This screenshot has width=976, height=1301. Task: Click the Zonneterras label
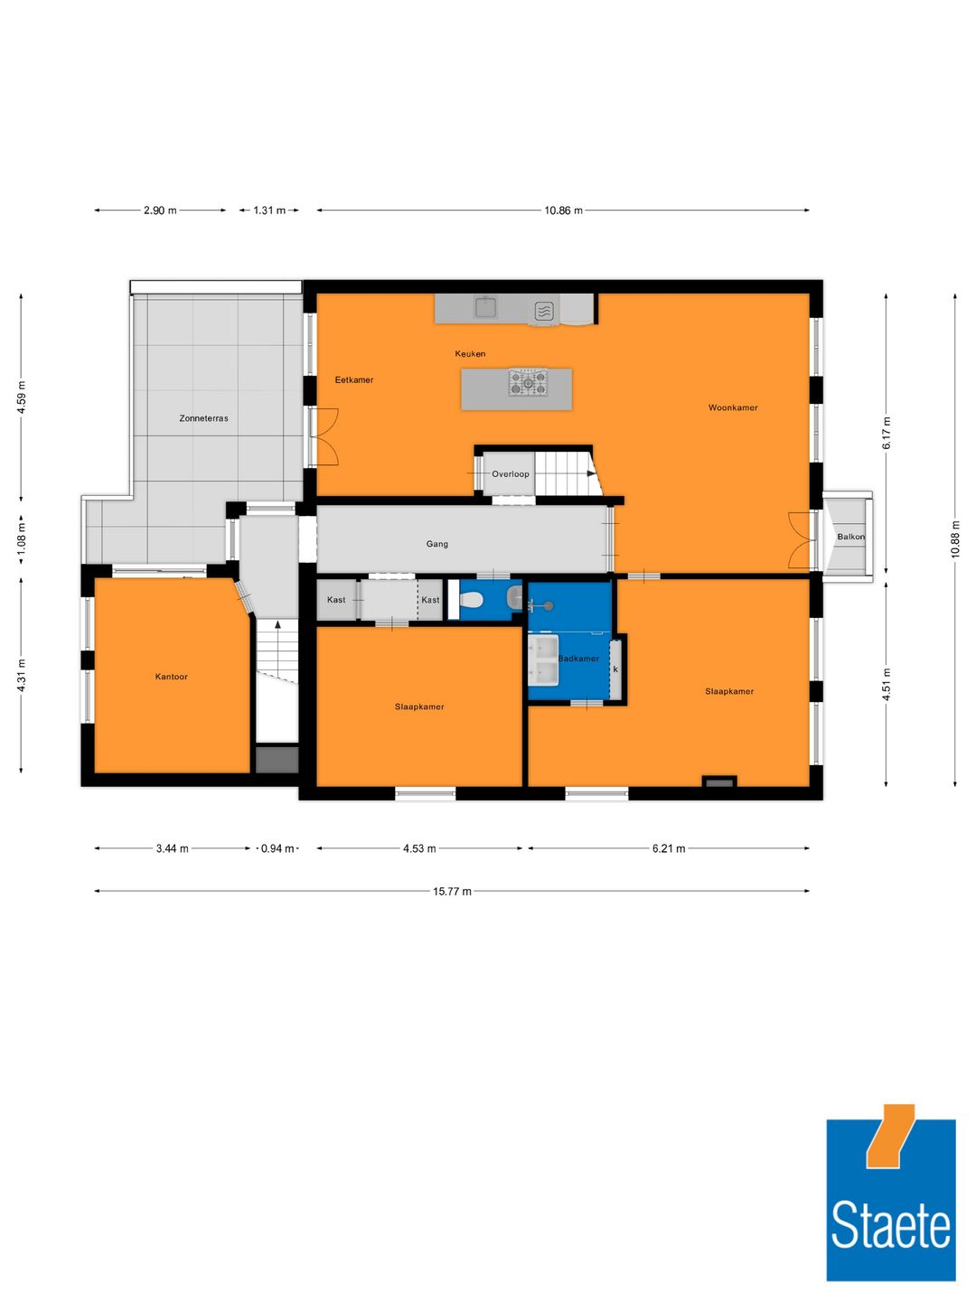(x=203, y=418)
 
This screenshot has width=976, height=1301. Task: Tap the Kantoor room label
(x=171, y=677)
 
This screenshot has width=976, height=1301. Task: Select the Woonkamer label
(x=733, y=407)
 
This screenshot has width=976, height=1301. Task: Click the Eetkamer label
(x=354, y=379)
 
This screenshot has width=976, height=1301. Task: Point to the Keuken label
(x=470, y=354)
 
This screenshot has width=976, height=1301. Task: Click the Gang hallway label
(x=437, y=544)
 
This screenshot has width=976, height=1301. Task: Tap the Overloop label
(x=511, y=474)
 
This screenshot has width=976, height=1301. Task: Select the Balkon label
(x=850, y=537)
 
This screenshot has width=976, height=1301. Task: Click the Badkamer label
(x=578, y=659)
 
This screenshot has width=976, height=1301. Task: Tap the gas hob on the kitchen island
(x=528, y=383)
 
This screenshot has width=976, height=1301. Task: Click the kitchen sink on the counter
(x=486, y=308)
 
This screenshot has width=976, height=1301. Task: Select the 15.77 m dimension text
(x=452, y=892)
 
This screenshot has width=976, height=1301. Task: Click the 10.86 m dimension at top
(x=563, y=211)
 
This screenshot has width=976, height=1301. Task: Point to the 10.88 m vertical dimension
(x=955, y=540)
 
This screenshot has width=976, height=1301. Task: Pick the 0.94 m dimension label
(x=277, y=848)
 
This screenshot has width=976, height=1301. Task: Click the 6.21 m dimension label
(x=669, y=848)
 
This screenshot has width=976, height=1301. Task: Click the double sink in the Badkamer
(x=546, y=659)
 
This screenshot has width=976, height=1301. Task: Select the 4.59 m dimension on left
(x=22, y=398)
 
